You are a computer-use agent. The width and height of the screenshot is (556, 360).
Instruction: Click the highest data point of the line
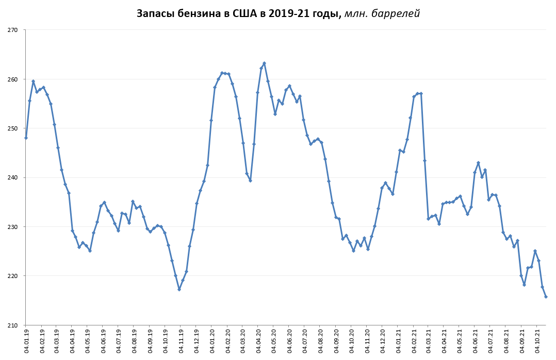(x=264, y=63)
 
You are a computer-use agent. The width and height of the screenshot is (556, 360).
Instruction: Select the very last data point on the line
(x=546, y=297)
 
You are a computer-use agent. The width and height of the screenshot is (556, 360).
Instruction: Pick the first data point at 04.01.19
(x=26, y=138)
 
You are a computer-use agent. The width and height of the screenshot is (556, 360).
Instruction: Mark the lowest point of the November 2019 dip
(x=179, y=289)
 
